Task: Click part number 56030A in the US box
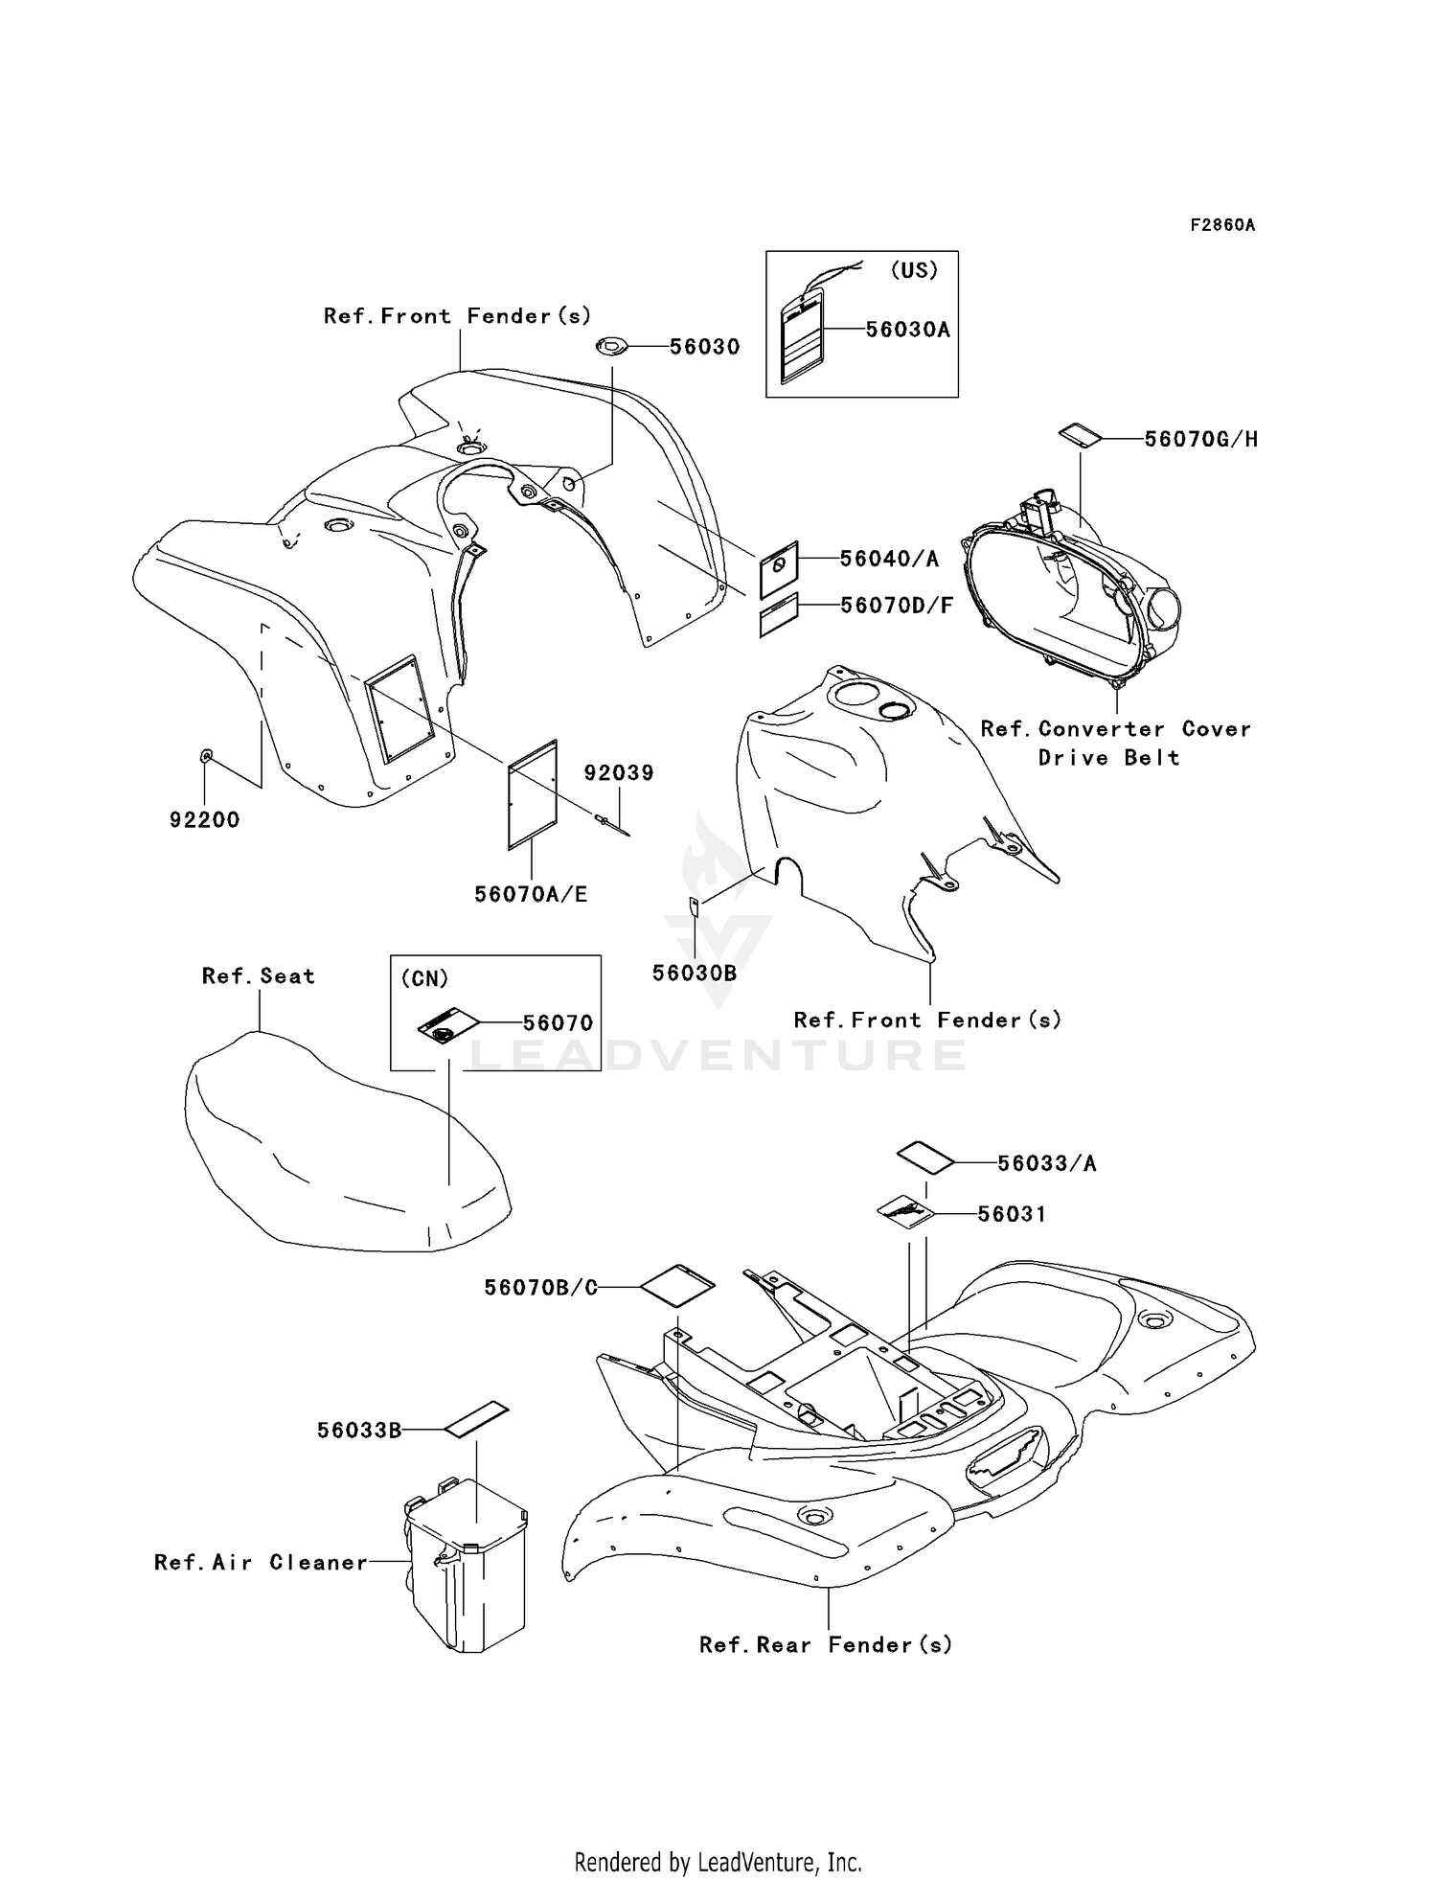click(x=907, y=330)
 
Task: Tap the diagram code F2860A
click(x=1222, y=225)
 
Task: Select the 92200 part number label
click(x=204, y=820)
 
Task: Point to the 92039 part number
click(x=619, y=773)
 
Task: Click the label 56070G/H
click(x=1201, y=439)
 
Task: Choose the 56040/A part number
click(x=889, y=559)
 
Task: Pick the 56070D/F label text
click(x=897, y=606)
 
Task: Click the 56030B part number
click(x=695, y=973)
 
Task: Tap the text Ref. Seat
click(x=259, y=976)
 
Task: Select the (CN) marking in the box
click(x=424, y=978)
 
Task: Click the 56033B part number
click(x=359, y=1431)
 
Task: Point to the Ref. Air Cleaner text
click(x=261, y=1563)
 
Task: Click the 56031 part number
click(x=1012, y=1214)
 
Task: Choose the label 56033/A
click(x=1046, y=1163)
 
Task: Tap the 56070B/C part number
click(x=540, y=1288)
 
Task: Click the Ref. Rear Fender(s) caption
click(x=826, y=1645)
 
